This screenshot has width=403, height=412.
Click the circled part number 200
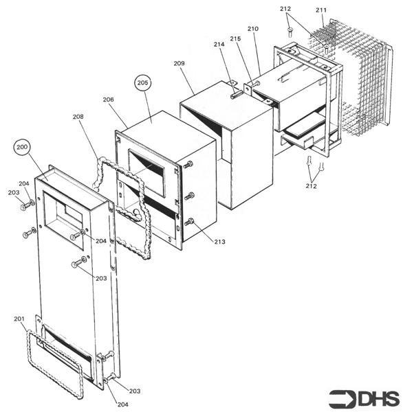(x=22, y=147)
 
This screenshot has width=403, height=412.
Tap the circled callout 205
(x=143, y=83)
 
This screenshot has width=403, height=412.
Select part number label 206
(x=108, y=100)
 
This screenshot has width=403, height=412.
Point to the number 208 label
(x=78, y=117)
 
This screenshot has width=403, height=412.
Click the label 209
(x=179, y=63)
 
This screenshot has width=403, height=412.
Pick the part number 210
(x=252, y=29)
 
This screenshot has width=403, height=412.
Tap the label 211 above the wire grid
(x=321, y=10)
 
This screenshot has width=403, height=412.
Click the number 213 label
(x=219, y=242)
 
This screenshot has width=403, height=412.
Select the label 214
(x=219, y=45)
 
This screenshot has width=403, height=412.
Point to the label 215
(x=235, y=38)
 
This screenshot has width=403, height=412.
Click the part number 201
(x=19, y=319)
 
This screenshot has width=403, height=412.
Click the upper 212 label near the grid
(x=285, y=9)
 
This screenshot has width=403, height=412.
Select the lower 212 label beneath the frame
(x=311, y=186)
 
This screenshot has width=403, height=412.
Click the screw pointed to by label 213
(x=189, y=222)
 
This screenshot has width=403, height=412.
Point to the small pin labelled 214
(x=236, y=94)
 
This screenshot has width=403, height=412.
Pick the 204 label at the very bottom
(x=122, y=404)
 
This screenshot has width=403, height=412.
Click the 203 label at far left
(x=14, y=192)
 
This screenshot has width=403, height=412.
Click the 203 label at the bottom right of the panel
(x=135, y=391)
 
